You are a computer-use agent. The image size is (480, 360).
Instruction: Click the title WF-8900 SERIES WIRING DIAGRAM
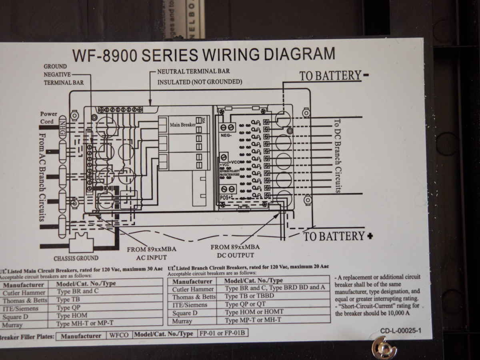pyautogui.click(x=203, y=54)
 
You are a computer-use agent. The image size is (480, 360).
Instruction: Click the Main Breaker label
pyautogui.click(x=183, y=125)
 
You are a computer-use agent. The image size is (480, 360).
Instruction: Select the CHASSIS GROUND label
pyautogui.click(x=76, y=258)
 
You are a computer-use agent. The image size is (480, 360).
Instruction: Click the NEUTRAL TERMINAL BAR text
pyautogui.click(x=194, y=71)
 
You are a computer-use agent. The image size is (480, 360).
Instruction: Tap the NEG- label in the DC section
pyautogui.click(x=226, y=136)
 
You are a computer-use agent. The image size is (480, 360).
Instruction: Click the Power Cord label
pyautogui.click(x=48, y=118)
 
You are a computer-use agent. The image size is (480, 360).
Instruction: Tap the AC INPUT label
pyautogui.click(x=152, y=257)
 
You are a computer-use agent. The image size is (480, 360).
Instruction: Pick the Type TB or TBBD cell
pyautogui.click(x=245, y=296)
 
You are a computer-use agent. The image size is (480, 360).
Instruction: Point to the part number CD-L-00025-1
pyautogui.click(x=401, y=331)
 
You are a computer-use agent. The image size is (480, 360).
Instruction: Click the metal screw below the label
pyautogui.click(x=384, y=348)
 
